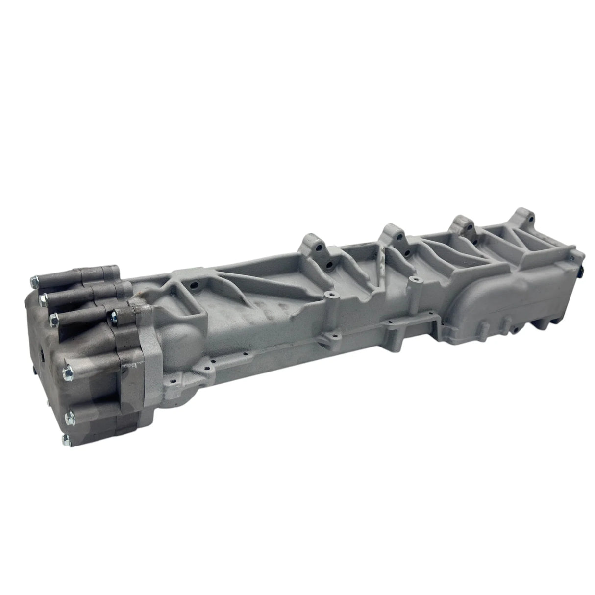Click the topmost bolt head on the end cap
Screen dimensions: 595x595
coord(34,281)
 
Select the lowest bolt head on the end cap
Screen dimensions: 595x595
coord(66,438)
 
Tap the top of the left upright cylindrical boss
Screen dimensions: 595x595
coord(331,295)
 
